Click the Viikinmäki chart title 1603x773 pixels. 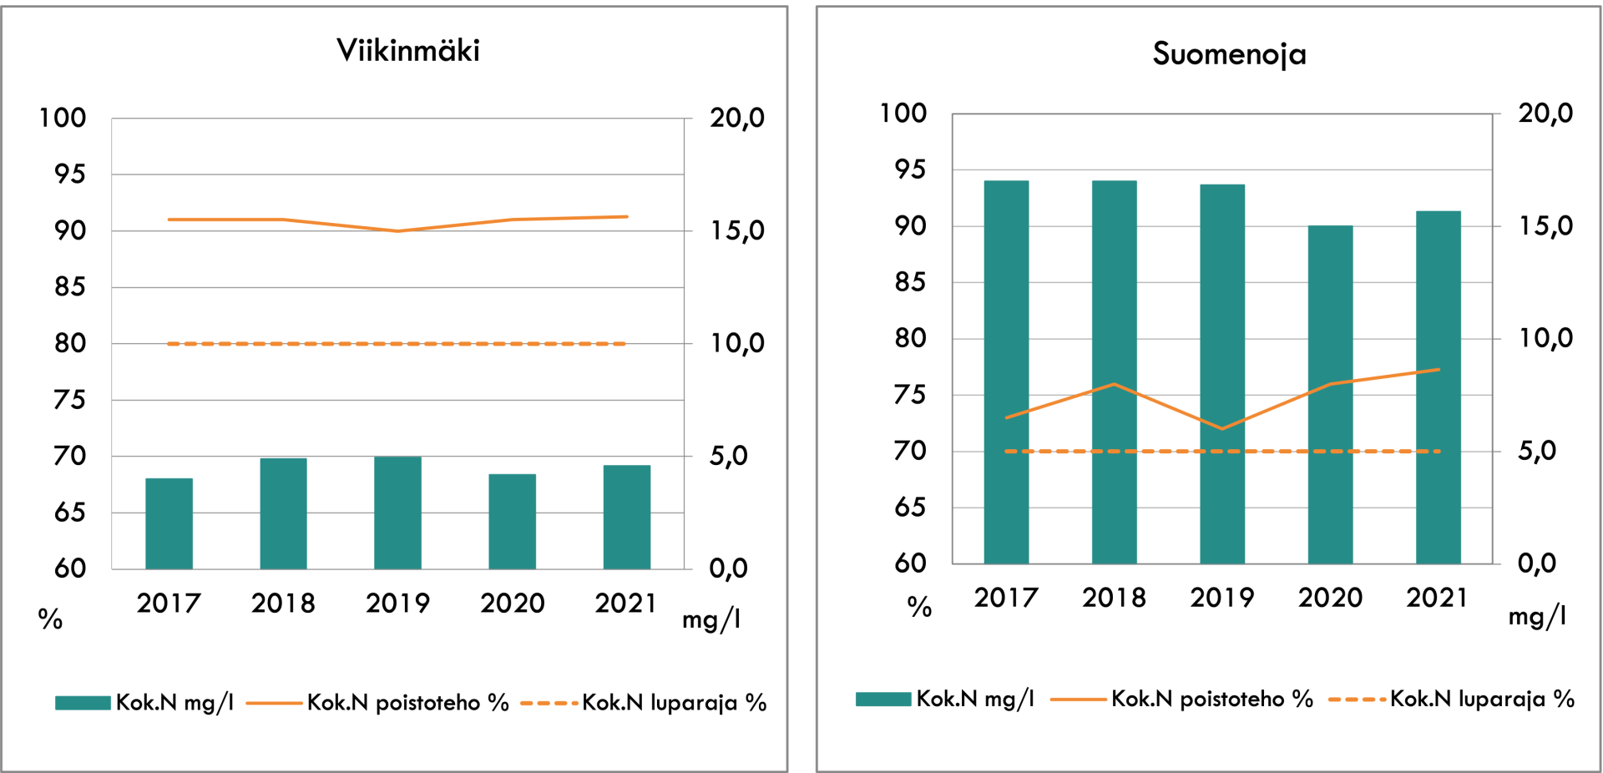click(408, 51)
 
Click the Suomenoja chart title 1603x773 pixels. click(1229, 54)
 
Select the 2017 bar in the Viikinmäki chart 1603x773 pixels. click(169, 523)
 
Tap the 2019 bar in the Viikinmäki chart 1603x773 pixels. click(397, 513)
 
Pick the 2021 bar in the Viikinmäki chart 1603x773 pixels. click(626, 517)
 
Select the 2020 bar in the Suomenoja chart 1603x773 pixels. click(1330, 394)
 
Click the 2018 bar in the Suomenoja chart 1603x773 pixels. click(1114, 371)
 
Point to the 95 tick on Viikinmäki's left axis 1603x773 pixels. click(70, 174)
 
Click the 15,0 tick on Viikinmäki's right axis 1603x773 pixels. click(737, 231)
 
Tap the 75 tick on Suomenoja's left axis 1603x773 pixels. click(910, 395)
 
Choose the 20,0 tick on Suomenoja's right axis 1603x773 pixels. click(1545, 114)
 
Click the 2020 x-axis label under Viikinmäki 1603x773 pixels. click(512, 603)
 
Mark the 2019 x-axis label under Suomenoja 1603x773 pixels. click(1222, 598)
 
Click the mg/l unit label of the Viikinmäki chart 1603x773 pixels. click(711, 619)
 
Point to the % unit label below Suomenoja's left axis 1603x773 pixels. click(919, 607)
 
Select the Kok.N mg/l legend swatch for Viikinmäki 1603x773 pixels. click(83, 703)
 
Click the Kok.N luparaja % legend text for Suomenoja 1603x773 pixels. click(1482, 699)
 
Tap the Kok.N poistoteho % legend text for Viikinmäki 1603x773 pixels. click(407, 703)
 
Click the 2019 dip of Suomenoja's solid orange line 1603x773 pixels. click(1222, 428)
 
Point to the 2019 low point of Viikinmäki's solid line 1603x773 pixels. click(397, 231)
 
